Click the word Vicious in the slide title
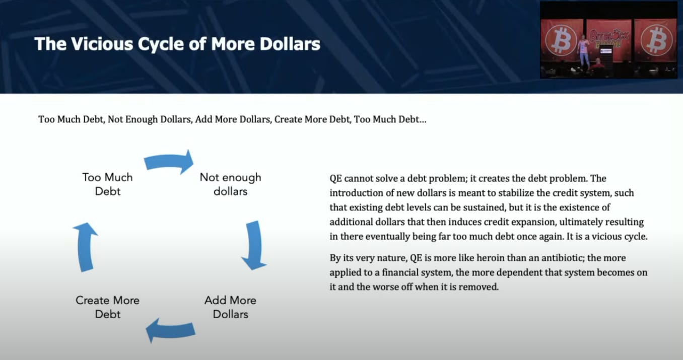[102, 44]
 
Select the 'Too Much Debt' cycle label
[108, 184]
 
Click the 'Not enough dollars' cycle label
[231, 184]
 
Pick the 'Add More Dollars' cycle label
[231, 307]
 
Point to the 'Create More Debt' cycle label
[108, 307]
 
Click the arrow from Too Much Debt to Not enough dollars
[169, 162]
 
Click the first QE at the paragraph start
[335, 179]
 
